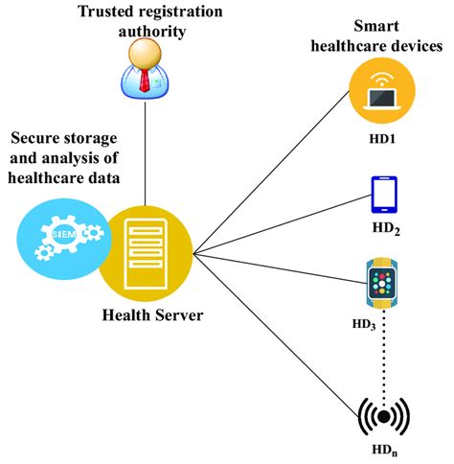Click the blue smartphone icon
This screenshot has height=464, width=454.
(384, 194)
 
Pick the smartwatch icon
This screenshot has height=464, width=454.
(384, 282)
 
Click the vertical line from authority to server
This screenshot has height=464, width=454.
(145, 153)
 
